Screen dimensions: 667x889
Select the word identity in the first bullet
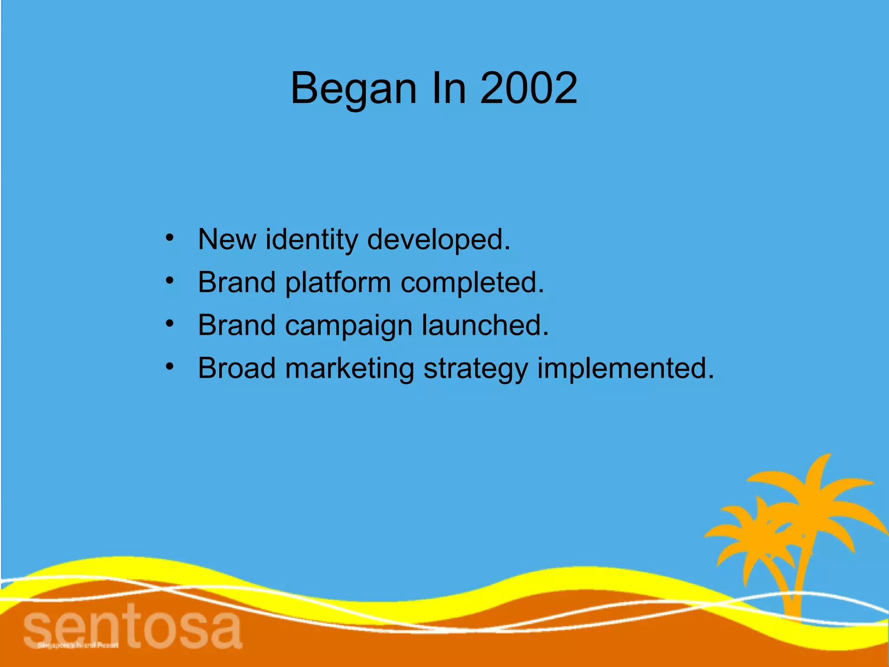point(312,239)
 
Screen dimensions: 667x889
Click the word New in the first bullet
point(227,239)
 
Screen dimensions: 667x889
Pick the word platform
point(338,283)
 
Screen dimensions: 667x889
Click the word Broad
point(237,368)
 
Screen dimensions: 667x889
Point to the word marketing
point(349,369)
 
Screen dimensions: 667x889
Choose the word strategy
point(475,369)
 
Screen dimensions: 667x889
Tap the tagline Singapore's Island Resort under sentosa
point(78,645)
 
